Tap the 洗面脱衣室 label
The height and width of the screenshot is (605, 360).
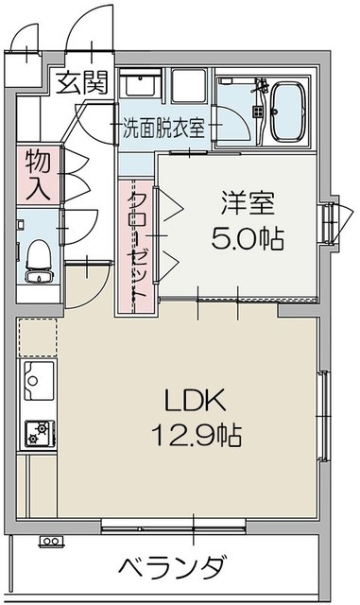tap(163, 129)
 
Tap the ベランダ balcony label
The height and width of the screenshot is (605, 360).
tap(174, 569)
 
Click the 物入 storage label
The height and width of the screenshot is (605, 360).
tap(38, 174)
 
